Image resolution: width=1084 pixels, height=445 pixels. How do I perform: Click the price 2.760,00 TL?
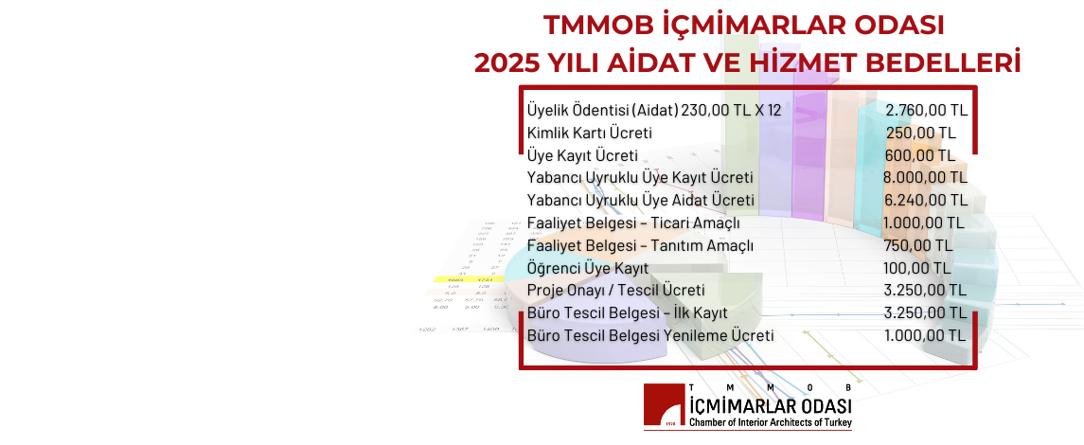(x=925, y=111)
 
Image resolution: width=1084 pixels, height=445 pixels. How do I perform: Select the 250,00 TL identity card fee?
(x=921, y=133)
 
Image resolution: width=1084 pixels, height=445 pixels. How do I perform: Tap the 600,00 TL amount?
(x=921, y=156)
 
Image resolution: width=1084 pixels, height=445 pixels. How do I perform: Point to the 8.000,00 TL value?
(x=925, y=178)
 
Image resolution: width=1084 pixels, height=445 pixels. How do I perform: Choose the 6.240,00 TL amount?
(x=925, y=201)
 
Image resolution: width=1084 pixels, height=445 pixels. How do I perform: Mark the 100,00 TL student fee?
(x=917, y=268)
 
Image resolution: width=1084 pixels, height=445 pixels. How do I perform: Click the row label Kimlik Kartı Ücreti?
(x=589, y=133)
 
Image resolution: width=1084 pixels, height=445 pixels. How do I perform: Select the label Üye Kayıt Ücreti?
(x=582, y=156)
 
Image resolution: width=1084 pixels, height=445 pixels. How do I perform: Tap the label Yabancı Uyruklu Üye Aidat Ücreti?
(x=640, y=201)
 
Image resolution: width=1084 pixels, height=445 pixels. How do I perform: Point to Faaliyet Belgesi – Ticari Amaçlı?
(x=633, y=223)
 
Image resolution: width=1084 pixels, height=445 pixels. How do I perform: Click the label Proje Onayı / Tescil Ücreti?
(x=615, y=290)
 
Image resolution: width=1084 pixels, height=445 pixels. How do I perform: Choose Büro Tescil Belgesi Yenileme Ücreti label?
(x=650, y=335)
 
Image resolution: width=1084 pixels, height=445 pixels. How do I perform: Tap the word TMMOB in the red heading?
(x=588, y=23)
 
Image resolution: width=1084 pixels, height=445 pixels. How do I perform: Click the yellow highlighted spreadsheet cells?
(x=458, y=279)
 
